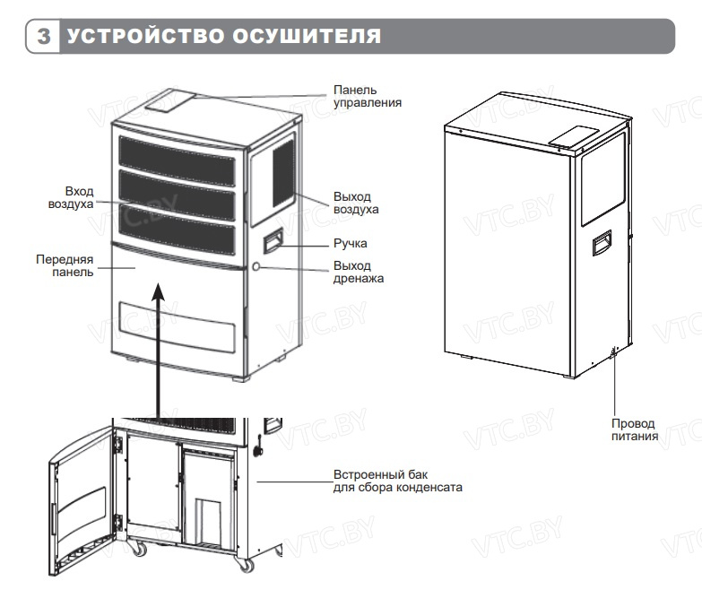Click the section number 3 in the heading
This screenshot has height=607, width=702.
coord(42,37)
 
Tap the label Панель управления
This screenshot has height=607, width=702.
coord(368,96)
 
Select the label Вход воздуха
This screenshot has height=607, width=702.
coord(78,198)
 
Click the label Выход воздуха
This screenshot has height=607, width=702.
coord(355,203)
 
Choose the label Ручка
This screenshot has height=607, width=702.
coord(350,243)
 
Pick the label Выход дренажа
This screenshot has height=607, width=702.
coord(358,273)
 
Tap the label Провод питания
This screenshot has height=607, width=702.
coord(634,430)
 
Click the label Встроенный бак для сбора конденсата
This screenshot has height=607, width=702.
coord(397,481)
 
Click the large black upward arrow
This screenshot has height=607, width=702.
coord(159,350)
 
